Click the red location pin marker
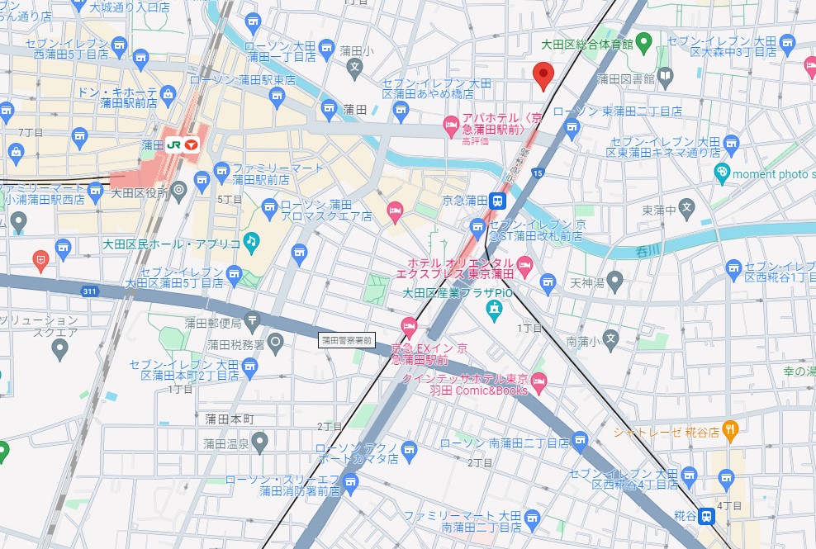point(543,75)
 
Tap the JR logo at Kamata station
point(174,144)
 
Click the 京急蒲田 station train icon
point(497,200)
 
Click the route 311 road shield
point(89,291)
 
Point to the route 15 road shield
point(538,173)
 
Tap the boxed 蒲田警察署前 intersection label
point(347,339)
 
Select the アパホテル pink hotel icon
point(451,126)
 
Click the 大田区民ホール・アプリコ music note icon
point(251,241)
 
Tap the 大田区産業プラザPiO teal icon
point(494,311)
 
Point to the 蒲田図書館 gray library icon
point(666,78)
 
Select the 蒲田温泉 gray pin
point(260,443)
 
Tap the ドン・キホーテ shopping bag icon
point(168,94)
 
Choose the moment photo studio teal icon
point(723,173)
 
